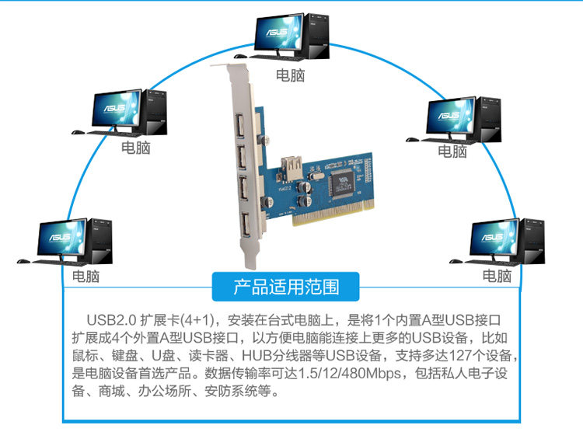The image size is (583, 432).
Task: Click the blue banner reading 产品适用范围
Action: coord(286,287)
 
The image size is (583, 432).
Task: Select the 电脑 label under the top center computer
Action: coord(291,75)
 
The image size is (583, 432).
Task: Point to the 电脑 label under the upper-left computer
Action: coord(135,147)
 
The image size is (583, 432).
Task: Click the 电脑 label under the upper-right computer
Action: coord(452,151)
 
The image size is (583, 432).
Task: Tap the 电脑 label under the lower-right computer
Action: coord(497,276)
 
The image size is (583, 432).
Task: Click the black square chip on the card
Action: coord(340,183)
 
